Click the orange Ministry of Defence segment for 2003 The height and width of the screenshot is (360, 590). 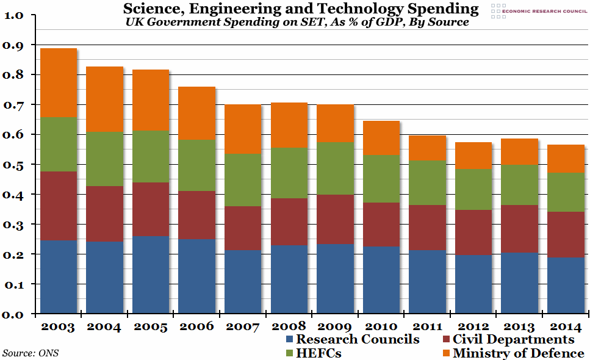[59, 82]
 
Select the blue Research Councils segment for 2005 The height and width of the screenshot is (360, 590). [151, 275]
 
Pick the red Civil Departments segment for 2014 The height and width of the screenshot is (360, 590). [564, 234]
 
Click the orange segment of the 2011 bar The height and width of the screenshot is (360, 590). [427, 148]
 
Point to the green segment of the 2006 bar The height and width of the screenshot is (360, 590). [196, 166]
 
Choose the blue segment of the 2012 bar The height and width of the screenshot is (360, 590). [473, 284]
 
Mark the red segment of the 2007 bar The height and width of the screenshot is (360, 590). [243, 228]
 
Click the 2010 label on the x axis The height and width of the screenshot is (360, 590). [381, 326]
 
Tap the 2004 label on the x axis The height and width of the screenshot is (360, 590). [104, 326]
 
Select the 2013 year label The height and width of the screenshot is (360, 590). [519, 326]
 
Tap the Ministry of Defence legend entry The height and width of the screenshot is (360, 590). [511, 353]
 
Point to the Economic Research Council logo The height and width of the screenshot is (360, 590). [537, 10]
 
